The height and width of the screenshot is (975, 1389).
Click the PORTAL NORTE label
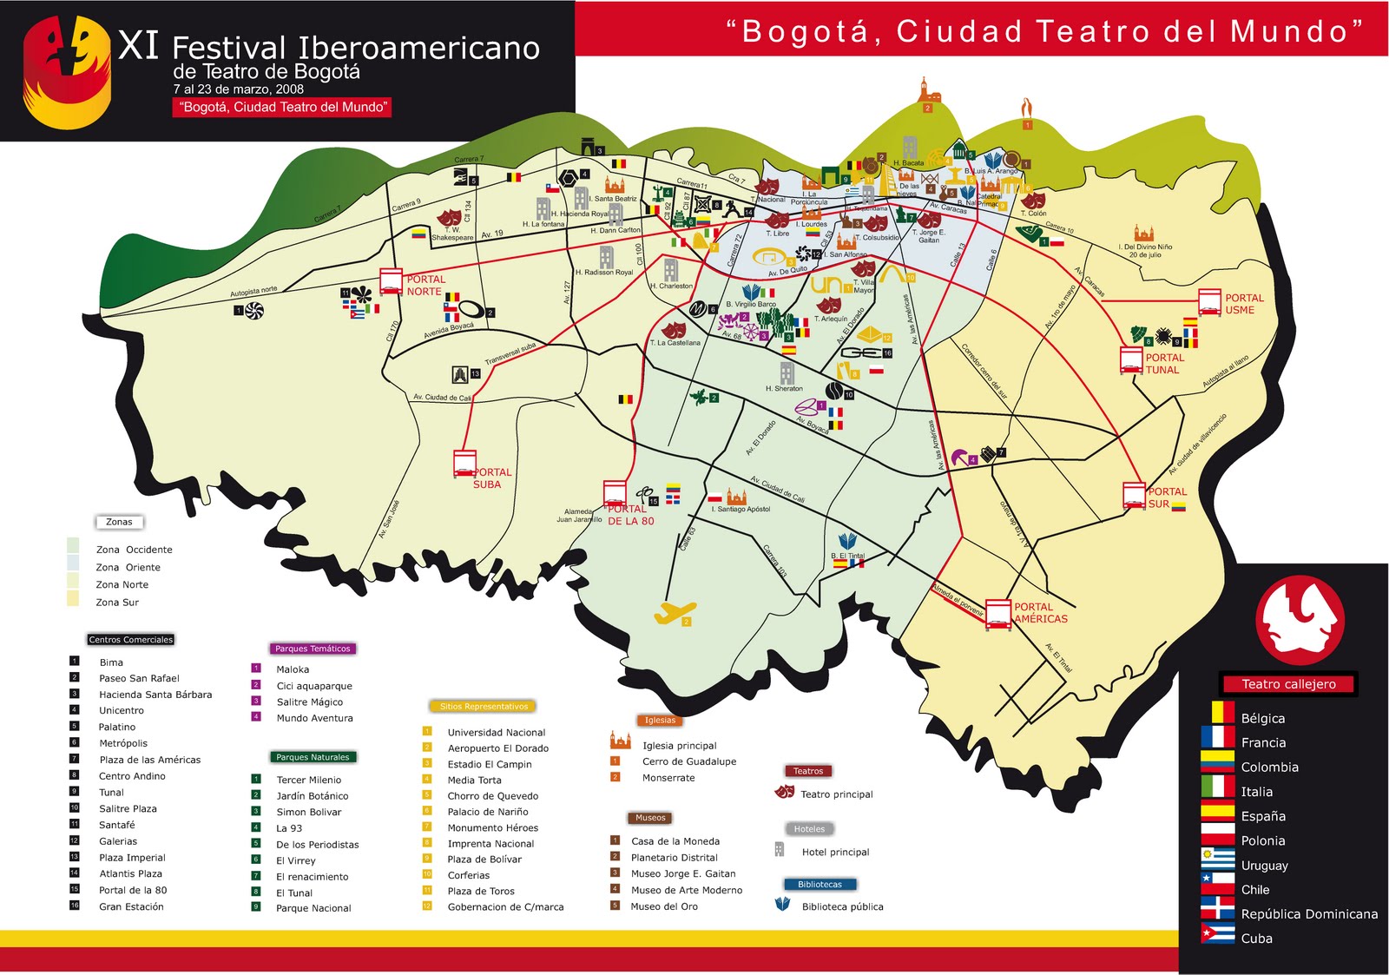(x=425, y=286)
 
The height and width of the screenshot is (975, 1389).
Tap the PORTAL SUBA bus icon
(x=464, y=464)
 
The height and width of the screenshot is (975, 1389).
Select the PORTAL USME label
(x=1243, y=304)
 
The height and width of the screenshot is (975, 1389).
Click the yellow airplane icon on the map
(x=675, y=613)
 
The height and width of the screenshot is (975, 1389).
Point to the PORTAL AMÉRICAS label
(x=1040, y=613)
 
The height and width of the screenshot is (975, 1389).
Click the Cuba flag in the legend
(x=1217, y=935)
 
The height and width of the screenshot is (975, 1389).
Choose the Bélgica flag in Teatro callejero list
(x=1217, y=715)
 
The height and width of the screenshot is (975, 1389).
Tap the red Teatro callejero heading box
(x=1288, y=684)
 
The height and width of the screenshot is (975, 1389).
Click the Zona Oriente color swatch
(x=74, y=563)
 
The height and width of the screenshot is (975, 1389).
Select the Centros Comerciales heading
(x=131, y=640)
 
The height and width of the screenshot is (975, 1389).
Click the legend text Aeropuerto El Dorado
(x=497, y=748)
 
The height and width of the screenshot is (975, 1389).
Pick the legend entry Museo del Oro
(x=663, y=906)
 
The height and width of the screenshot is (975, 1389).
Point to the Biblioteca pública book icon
(x=782, y=904)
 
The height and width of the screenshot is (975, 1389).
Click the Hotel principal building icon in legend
(x=779, y=849)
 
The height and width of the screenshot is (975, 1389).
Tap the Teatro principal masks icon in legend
(x=784, y=792)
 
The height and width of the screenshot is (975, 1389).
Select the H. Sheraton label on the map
(x=784, y=389)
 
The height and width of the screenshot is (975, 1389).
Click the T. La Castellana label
(x=675, y=343)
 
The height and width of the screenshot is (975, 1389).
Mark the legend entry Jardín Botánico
(x=312, y=796)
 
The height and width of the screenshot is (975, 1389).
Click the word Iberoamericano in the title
(x=418, y=49)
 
